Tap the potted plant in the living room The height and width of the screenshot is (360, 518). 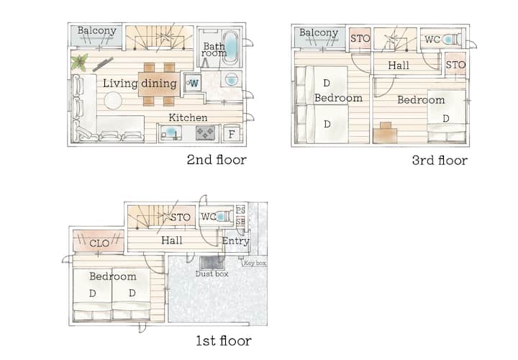[79, 62]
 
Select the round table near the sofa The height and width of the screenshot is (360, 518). [113, 101]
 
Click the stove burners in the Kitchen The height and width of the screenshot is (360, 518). [205, 133]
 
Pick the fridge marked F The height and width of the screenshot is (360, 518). [231, 134]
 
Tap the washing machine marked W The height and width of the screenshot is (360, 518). [192, 83]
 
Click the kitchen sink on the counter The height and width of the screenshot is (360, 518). [171, 133]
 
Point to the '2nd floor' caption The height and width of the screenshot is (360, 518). [217, 160]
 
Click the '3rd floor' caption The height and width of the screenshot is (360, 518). [440, 161]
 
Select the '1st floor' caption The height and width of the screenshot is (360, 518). [224, 341]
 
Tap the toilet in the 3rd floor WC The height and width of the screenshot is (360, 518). [452, 40]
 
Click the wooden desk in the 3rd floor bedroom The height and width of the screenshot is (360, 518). [385, 133]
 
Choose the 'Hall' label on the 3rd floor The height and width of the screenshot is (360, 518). [399, 66]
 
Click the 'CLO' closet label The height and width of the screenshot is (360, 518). [99, 243]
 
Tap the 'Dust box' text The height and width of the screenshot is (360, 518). [212, 274]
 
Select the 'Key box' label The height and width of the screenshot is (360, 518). [255, 263]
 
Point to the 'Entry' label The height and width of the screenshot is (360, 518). [235, 241]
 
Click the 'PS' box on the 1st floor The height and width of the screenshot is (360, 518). [241, 210]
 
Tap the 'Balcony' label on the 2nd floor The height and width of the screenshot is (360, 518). [97, 31]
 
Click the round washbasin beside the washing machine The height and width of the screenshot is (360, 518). [231, 79]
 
